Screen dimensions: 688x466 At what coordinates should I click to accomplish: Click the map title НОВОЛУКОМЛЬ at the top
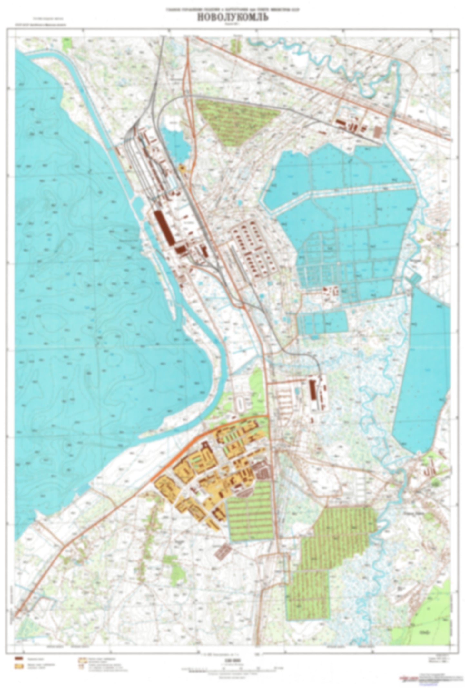(x=233, y=18)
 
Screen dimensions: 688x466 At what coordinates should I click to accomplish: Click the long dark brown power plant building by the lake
(x=164, y=227)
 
